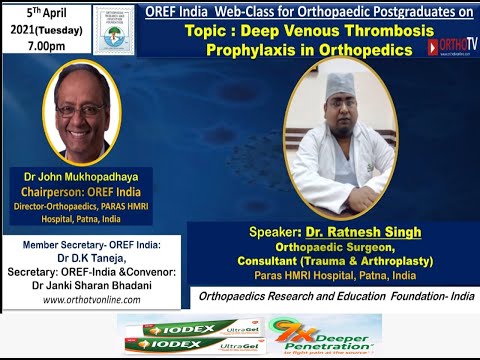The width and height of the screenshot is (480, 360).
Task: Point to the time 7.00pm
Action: click(x=40, y=47)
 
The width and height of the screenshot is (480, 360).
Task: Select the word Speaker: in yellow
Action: click(x=274, y=232)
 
